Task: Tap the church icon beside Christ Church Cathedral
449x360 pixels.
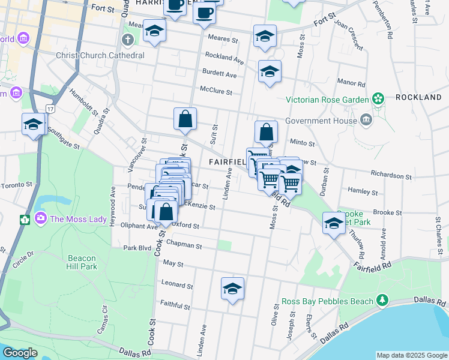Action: pos(127,40)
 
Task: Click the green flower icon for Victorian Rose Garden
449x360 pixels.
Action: pos(378,98)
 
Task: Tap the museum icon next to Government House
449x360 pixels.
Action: pos(366,120)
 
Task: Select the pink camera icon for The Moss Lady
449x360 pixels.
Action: pos(41,218)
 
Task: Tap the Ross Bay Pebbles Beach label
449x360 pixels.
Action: pos(326,301)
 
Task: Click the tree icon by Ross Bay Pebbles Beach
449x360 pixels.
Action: pos(381,299)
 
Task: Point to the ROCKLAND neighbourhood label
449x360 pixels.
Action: pos(418,97)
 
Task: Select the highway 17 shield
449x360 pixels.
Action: pos(51,109)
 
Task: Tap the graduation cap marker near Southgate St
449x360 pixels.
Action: pos(34,124)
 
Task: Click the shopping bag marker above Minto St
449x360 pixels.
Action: pos(266,133)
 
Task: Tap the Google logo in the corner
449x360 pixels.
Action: pos(20,353)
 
